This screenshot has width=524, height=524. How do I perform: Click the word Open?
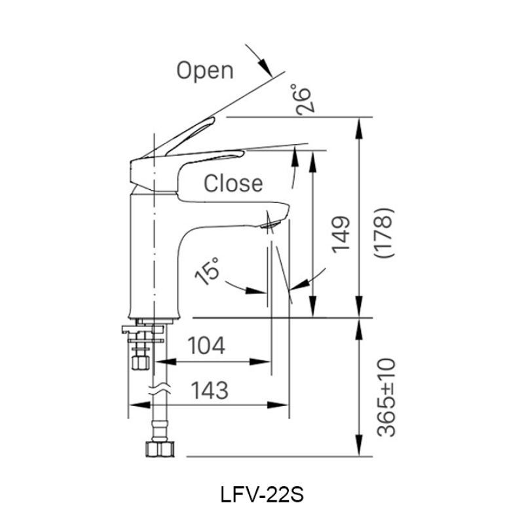[x=204, y=70]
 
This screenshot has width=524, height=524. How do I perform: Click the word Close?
[x=233, y=183]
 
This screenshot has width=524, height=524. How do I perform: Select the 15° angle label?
[x=209, y=271]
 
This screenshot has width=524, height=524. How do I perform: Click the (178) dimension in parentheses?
[x=384, y=233]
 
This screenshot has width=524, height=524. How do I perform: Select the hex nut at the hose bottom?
[x=159, y=449]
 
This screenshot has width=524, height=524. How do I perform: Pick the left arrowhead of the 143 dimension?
[x=134, y=405]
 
